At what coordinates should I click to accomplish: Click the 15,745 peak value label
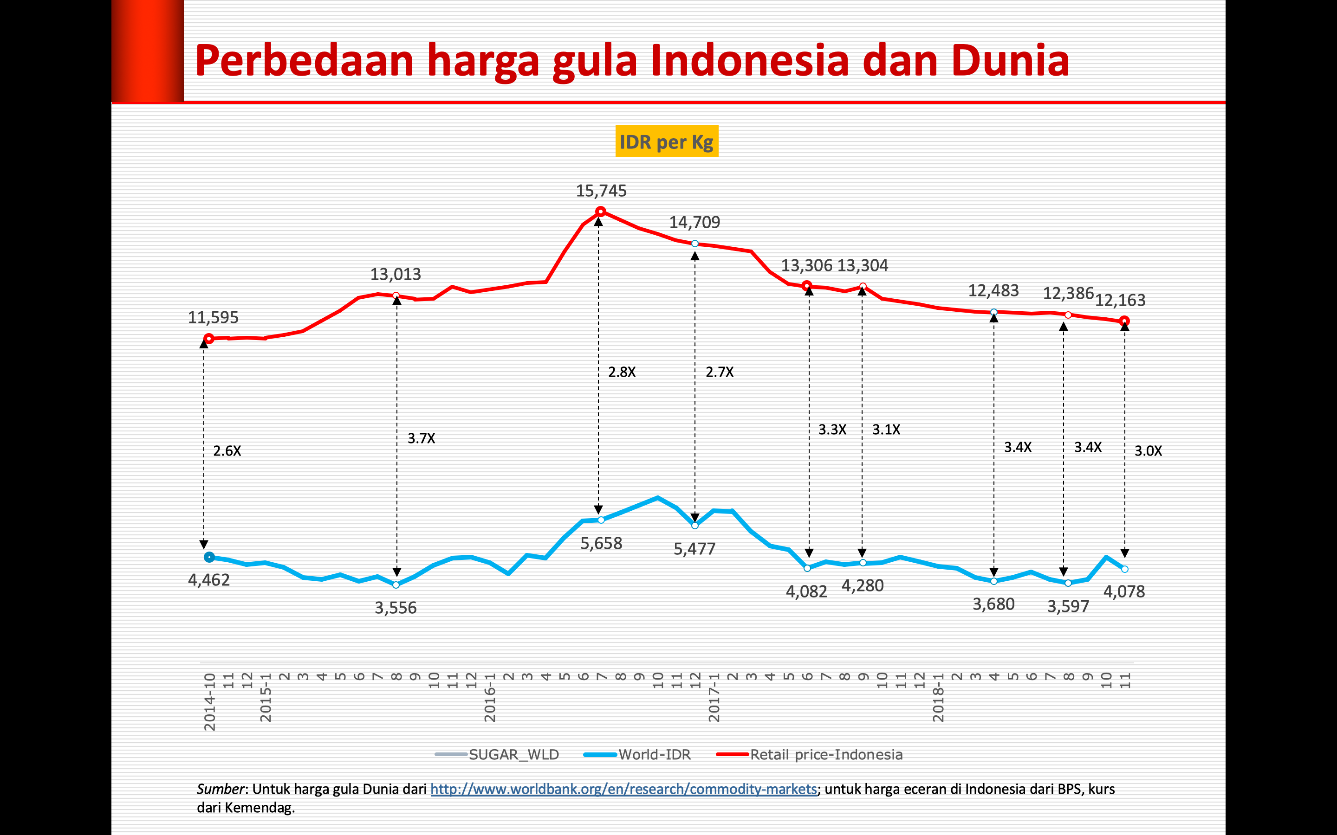click(x=601, y=191)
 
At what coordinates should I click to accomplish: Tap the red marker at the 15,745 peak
click(x=601, y=212)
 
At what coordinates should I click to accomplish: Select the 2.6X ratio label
click(x=227, y=451)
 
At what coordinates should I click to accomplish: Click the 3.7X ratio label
click(x=422, y=438)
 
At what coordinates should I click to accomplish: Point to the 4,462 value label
click(x=209, y=580)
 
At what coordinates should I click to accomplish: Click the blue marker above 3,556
click(x=396, y=585)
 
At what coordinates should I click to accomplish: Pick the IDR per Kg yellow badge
click(x=666, y=142)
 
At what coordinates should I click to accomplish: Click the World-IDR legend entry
click(x=654, y=754)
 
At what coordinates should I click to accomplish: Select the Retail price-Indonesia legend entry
click(x=826, y=754)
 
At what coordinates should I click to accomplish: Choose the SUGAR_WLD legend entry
click(x=513, y=754)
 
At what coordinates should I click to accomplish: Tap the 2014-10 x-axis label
click(x=210, y=702)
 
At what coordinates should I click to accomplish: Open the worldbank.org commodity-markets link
click(x=623, y=789)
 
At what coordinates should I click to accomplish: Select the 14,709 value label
click(x=694, y=223)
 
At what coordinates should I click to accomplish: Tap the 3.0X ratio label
click(x=1148, y=451)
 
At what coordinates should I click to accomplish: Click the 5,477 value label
click(x=694, y=549)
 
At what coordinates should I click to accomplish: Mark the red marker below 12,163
click(x=1124, y=321)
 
